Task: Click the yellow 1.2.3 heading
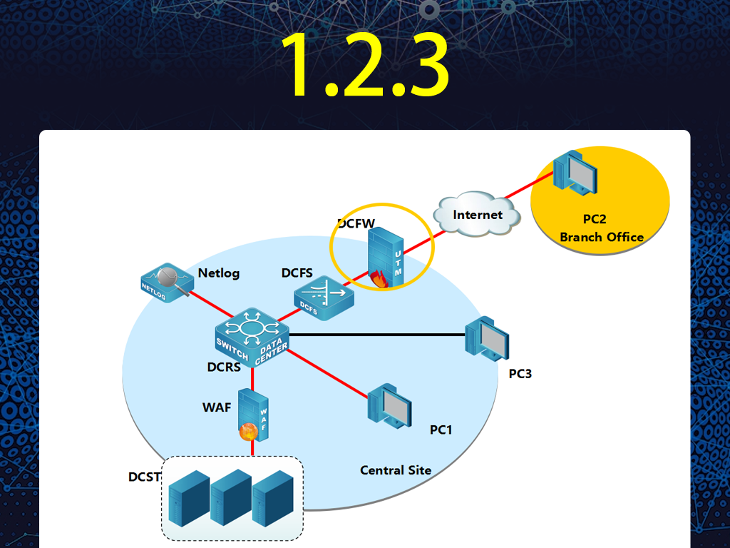tap(364, 64)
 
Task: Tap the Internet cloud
tap(477, 214)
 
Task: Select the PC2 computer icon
tap(575, 173)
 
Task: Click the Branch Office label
tap(602, 237)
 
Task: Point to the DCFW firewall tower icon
tap(386, 257)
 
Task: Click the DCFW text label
tap(356, 223)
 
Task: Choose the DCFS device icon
tap(324, 298)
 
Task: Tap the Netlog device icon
tap(167, 283)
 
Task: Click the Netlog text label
tap(219, 273)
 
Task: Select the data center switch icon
tap(252, 338)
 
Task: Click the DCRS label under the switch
tap(224, 367)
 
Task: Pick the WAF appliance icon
tap(253, 415)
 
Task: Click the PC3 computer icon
tap(487, 339)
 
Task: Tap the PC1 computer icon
tap(390, 406)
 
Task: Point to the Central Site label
tap(396, 470)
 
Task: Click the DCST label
tap(144, 477)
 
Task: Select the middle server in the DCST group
tap(231, 497)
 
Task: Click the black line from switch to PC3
tap(377, 335)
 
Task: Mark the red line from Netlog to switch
tap(211, 304)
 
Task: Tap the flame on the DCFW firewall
tap(379, 280)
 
